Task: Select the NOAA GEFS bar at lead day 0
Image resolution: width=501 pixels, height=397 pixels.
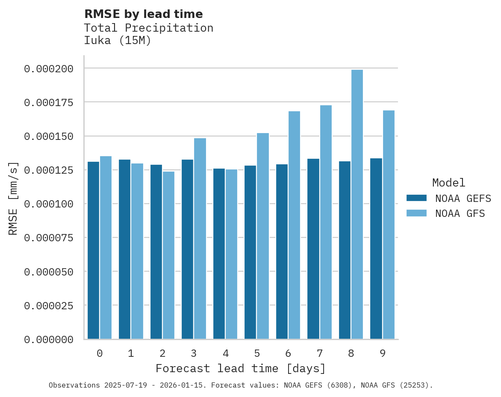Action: tap(93, 250)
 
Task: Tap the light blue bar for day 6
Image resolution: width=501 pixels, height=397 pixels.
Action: tap(294, 225)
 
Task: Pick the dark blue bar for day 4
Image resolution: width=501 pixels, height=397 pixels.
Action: tap(219, 254)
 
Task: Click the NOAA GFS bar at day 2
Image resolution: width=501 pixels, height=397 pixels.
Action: tap(168, 255)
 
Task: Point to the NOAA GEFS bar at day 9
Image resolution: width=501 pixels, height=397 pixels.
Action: tap(376, 249)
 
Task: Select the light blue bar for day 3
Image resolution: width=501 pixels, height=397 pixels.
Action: tap(200, 238)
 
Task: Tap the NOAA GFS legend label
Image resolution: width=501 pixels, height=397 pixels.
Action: tap(460, 213)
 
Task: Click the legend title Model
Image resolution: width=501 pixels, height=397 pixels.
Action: tap(448, 183)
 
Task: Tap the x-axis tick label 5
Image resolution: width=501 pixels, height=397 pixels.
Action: tap(257, 353)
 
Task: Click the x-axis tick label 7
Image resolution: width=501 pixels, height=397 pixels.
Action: tap(320, 353)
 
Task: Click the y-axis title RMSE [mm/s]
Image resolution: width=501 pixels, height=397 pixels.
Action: tap(14, 198)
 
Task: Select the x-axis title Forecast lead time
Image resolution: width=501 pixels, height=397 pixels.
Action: tap(241, 368)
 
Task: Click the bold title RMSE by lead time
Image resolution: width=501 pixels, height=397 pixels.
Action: tap(143, 14)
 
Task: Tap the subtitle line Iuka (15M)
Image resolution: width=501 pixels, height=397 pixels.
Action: tap(118, 41)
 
